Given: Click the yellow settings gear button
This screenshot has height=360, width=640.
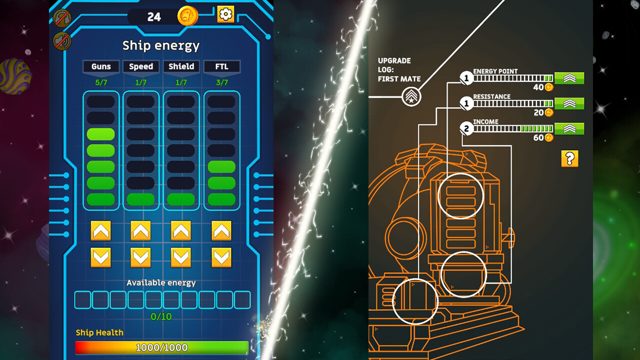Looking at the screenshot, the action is (x=225, y=14).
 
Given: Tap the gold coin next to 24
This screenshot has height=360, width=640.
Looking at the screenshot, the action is (x=187, y=16).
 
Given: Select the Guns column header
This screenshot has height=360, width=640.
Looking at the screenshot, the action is (x=101, y=66).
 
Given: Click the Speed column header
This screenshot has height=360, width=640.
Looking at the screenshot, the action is (x=141, y=66).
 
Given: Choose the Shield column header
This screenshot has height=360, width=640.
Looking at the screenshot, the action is (x=181, y=66).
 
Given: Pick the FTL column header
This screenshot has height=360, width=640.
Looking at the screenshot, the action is (x=221, y=66).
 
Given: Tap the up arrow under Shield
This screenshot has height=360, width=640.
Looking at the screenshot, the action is (x=181, y=230).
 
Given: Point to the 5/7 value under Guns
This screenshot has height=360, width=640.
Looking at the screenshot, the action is (x=101, y=82).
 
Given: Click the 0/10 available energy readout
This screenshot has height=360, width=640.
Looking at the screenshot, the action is (x=161, y=316).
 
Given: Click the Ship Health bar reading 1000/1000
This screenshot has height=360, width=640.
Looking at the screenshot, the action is (x=161, y=347).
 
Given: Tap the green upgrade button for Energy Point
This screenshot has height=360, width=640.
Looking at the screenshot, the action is (x=569, y=78).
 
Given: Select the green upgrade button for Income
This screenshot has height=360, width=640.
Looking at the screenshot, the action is (x=569, y=129).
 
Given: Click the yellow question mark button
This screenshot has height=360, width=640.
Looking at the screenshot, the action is (x=569, y=158).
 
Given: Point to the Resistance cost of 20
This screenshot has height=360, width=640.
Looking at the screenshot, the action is (x=539, y=112).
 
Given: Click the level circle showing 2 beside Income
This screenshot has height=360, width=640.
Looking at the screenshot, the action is (x=466, y=128).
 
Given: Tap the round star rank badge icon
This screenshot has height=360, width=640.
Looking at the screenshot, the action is (x=411, y=96).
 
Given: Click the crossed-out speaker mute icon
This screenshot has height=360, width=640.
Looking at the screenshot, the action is (x=61, y=41).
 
